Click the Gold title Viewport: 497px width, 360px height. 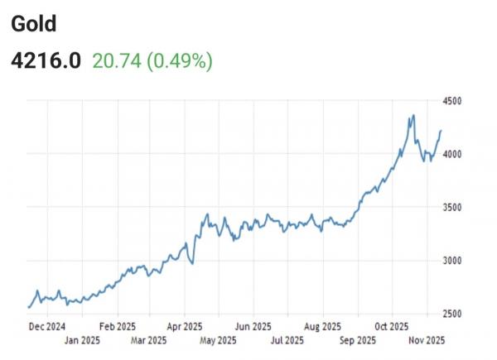point(33,23)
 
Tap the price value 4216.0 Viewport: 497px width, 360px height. point(46,60)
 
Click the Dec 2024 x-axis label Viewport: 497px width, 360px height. point(48,326)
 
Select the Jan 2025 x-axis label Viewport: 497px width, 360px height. point(83,340)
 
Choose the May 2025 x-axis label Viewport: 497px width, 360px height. point(219,340)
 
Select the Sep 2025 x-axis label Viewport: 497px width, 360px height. point(358,340)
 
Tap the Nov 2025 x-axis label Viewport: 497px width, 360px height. point(427,340)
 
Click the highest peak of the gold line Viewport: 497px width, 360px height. point(413,116)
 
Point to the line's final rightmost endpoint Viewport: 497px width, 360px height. point(441,131)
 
